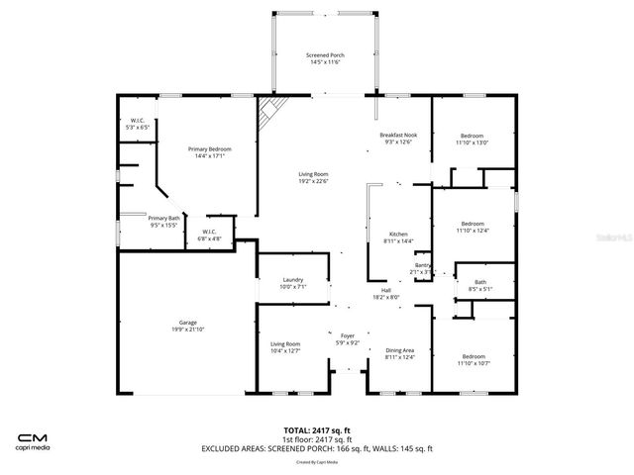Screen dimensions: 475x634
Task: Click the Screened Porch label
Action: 323,55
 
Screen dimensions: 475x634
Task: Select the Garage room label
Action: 188,323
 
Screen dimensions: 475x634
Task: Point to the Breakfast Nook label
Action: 397,135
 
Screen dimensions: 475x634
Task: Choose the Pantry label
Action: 422,265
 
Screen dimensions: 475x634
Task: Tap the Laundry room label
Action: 292,280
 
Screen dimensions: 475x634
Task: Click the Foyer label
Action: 348,335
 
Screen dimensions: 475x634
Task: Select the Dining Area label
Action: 399,350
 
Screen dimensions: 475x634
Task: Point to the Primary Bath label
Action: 164,218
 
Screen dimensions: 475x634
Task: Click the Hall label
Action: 386,290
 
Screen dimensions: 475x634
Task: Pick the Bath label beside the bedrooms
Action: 480,283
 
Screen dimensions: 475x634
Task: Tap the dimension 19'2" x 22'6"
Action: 313,181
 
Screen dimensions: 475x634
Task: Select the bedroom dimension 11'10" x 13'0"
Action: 474,142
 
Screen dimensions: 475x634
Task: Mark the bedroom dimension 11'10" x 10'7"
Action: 474,363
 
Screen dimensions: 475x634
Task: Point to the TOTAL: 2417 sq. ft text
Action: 317,430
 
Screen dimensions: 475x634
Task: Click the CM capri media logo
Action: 35,439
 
